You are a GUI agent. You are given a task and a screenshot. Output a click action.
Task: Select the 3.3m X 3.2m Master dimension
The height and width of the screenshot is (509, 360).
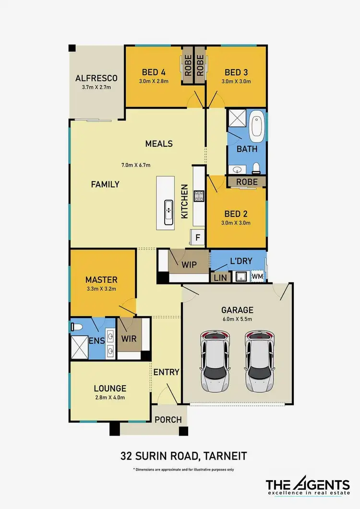[x=101, y=288]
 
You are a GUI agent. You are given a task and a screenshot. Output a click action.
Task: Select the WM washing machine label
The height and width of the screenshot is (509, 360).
[x=258, y=276]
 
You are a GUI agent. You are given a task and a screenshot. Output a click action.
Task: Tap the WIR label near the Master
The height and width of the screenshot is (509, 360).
[x=129, y=338]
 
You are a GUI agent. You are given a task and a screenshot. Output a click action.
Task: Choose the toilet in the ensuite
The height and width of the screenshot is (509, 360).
[x=75, y=327]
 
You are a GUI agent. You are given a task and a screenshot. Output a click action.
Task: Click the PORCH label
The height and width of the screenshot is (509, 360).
[x=168, y=419]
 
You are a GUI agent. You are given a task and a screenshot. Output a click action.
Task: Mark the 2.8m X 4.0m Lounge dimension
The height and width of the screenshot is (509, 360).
[x=110, y=398]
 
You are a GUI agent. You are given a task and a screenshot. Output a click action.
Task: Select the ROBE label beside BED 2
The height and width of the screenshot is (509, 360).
[x=247, y=182]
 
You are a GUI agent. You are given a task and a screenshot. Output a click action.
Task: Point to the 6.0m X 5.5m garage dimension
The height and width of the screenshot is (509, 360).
[x=237, y=320]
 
